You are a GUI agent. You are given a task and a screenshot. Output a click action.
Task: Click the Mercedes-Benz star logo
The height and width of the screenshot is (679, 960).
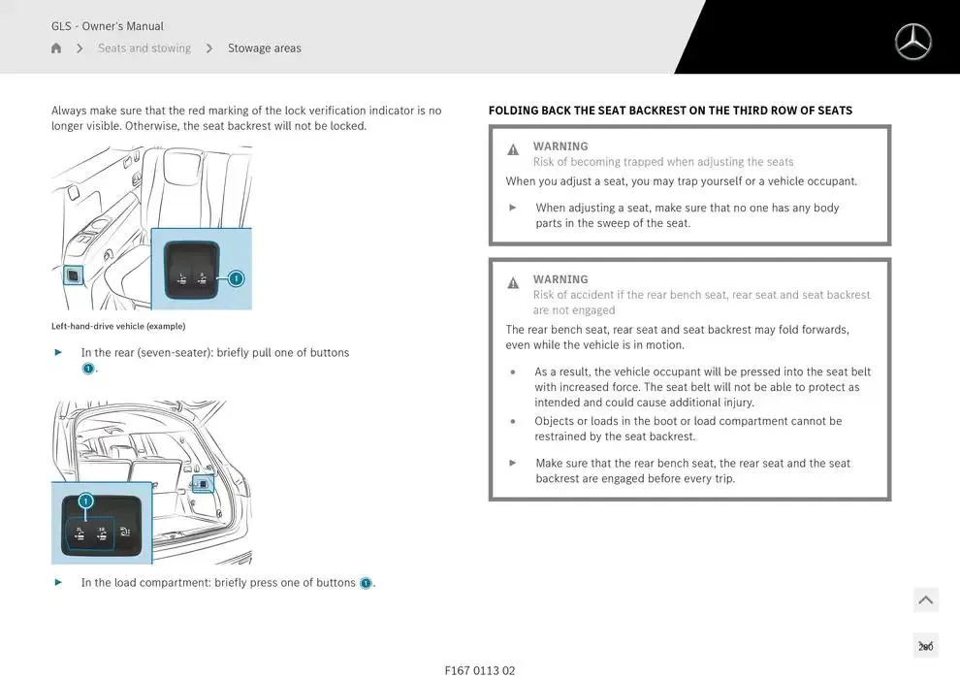pos(912,42)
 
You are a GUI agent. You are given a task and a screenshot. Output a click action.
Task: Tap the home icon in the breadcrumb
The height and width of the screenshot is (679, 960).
pos(56,48)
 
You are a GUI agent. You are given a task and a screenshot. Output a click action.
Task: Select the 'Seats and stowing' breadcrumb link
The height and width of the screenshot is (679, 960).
pos(144,48)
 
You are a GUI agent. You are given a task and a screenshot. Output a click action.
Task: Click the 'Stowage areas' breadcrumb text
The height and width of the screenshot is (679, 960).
pos(264,48)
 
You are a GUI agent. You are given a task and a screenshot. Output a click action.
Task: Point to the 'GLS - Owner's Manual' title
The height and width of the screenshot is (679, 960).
pos(108,26)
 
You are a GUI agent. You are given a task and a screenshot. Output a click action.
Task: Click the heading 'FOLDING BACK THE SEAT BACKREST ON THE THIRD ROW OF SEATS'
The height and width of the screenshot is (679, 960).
pos(670,111)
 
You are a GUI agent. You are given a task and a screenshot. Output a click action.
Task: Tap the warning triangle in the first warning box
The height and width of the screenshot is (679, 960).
pos(513,150)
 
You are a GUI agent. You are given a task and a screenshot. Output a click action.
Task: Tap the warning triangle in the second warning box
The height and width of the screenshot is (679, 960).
pos(513,283)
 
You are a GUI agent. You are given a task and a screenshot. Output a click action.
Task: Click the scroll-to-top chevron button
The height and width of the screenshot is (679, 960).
pos(925,600)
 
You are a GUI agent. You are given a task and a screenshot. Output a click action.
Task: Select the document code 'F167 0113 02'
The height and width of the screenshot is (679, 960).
pos(480,670)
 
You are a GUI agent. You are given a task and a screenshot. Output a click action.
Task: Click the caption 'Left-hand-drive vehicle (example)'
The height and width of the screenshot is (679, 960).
pos(118,326)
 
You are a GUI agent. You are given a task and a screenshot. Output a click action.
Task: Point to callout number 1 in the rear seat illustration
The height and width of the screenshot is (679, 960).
pos(236,278)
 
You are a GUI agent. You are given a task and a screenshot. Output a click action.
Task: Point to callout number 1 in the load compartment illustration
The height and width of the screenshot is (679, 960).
pos(85,501)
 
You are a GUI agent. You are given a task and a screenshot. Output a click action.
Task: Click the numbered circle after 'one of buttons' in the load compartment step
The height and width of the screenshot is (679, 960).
pos(366,583)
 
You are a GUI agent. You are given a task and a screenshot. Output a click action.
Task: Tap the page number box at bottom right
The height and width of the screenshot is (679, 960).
pos(925,646)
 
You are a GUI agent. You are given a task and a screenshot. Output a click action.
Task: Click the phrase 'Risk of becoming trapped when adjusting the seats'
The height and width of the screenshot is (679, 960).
pos(663,162)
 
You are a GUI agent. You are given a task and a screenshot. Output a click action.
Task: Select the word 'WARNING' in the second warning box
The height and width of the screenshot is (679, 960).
pos(560,279)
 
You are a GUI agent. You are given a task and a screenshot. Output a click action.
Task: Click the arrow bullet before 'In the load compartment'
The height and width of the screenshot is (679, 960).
pos(58,582)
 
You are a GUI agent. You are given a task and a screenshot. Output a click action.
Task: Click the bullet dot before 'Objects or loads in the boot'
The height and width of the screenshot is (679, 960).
pos(513,422)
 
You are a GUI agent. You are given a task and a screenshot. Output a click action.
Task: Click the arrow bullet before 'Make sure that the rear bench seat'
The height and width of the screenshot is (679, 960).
pos(513,463)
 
